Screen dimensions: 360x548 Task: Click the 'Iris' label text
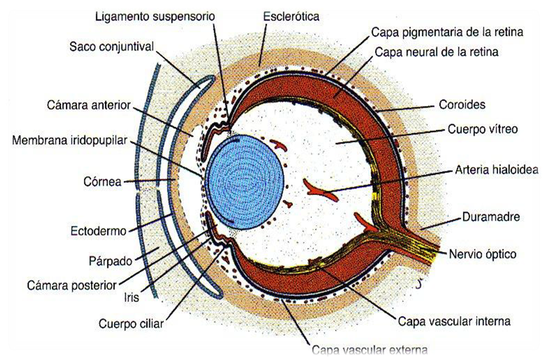132,298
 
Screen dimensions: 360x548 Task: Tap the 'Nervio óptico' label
482,254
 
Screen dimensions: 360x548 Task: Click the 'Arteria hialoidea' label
496,170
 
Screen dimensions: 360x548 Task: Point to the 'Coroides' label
462,104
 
